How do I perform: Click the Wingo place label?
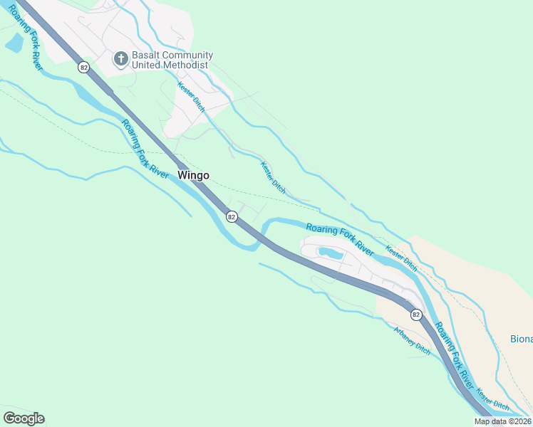click(x=193, y=175)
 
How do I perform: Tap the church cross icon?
click(x=121, y=58)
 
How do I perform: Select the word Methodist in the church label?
click(x=185, y=65)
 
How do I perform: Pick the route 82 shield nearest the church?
click(x=84, y=67)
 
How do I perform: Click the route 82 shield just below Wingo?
click(x=231, y=216)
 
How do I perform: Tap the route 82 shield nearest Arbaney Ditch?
click(x=415, y=314)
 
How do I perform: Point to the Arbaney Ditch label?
click(x=413, y=340)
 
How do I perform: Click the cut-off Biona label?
click(x=521, y=339)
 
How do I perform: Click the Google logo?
click(x=24, y=418)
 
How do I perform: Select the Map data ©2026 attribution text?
click(x=502, y=421)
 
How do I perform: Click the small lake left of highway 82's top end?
click(x=14, y=43)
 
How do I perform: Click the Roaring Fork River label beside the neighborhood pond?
click(x=340, y=239)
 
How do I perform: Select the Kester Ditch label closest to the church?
click(x=191, y=97)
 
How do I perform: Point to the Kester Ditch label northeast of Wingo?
click(x=273, y=178)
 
